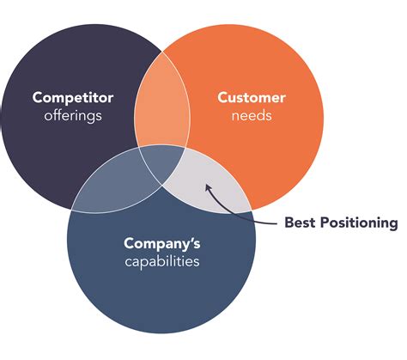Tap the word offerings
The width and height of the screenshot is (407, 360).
pos(74,116)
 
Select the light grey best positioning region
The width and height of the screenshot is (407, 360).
pos(206,180)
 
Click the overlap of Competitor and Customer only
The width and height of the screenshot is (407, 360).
pos(161,107)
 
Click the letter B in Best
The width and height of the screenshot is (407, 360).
pos(289,223)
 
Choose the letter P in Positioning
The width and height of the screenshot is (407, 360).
pos(325,223)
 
